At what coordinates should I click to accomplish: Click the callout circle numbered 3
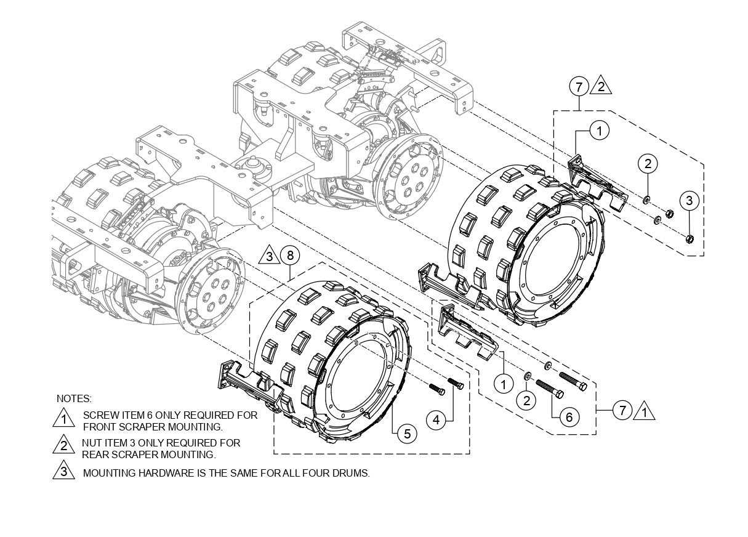point(690,200)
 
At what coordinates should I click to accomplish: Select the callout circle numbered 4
point(436,420)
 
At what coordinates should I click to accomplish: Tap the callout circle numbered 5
point(407,434)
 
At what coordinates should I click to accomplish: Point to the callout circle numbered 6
point(568,417)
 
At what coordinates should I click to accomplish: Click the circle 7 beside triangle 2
point(579,87)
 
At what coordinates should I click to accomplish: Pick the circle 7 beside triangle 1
point(623,409)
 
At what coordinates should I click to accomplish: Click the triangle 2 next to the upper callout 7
point(601,86)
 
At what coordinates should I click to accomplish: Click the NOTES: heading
point(74,398)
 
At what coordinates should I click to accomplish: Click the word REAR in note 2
point(95,454)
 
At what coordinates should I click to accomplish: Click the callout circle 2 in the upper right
point(648,163)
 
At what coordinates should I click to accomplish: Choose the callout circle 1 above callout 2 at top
point(600,131)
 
